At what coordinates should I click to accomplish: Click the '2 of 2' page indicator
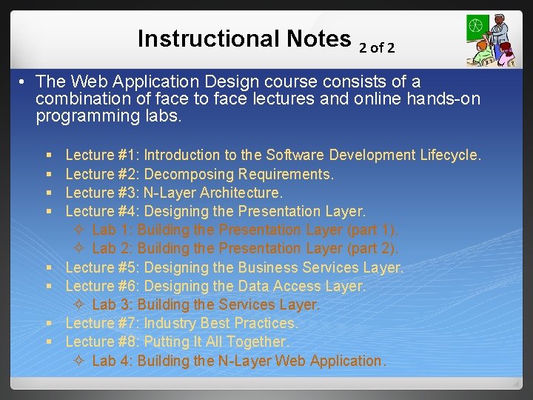click(x=377, y=48)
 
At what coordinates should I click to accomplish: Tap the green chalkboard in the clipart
click(x=477, y=29)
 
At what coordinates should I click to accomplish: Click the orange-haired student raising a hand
click(x=483, y=52)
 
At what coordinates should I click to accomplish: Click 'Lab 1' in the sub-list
click(x=110, y=230)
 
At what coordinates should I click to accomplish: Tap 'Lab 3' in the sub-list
click(x=110, y=304)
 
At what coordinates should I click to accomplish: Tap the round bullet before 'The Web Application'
click(x=24, y=81)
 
